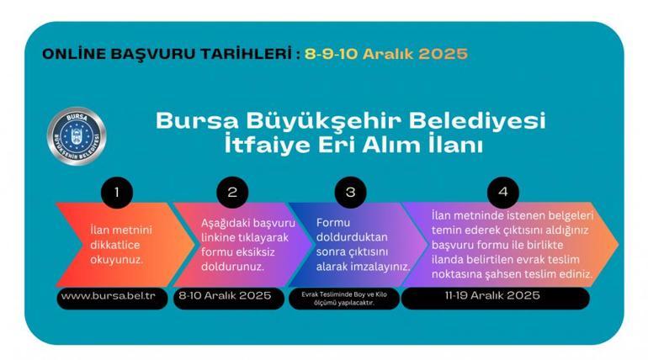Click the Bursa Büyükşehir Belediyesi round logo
click(x=76, y=135)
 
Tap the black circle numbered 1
click(x=117, y=192)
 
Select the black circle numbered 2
click(x=233, y=192)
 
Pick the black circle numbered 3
click(x=350, y=192)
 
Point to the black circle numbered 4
click(x=503, y=192)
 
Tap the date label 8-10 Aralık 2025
click(x=223, y=297)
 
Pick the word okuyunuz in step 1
click(x=117, y=259)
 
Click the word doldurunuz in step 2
click(x=232, y=267)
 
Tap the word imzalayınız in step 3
click(x=380, y=267)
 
